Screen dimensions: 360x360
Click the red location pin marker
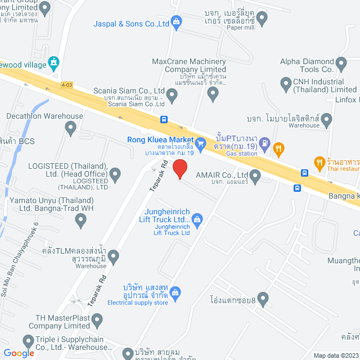coord(179,169)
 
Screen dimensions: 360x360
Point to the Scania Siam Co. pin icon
coord(172,97)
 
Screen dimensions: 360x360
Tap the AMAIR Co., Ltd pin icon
coord(255,178)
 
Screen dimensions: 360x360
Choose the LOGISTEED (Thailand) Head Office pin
coord(115,175)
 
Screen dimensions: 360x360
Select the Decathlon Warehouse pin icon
coord(70,129)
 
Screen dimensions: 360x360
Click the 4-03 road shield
coord(67,85)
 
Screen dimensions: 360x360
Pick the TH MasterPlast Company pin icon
coord(97,322)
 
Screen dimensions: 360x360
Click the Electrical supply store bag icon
coord(175,292)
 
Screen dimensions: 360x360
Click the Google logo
coord(19,353)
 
